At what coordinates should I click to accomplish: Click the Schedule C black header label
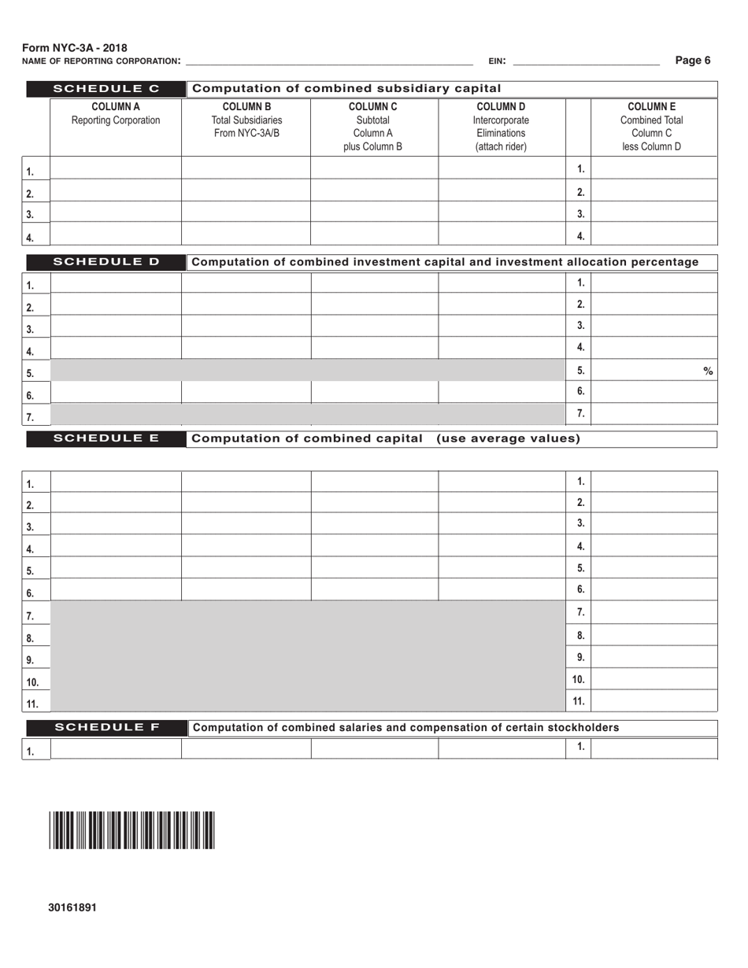(106, 88)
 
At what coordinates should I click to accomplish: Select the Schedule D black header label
(106, 262)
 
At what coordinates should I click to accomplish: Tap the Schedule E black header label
(106, 438)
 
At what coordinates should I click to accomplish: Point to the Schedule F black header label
(106, 727)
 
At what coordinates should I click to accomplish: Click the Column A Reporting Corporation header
(116, 114)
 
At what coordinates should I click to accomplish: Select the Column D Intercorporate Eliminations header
(501, 127)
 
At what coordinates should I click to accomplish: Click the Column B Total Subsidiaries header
(247, 120)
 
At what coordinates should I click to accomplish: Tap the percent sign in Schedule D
(708, 371)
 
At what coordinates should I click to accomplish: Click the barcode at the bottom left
(131, 830)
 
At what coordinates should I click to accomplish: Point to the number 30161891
(72, 907)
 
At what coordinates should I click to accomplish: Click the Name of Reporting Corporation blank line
(328, 60)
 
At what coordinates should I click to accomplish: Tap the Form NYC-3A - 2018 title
(75, 48)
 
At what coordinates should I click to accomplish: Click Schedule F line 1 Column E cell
(654, 748)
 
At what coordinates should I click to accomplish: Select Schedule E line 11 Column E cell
(654, 700)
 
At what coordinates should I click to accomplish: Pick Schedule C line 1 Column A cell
(116, 168)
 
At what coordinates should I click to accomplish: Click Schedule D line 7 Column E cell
(654, 413)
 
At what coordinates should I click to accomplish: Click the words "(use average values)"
(508, 438)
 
